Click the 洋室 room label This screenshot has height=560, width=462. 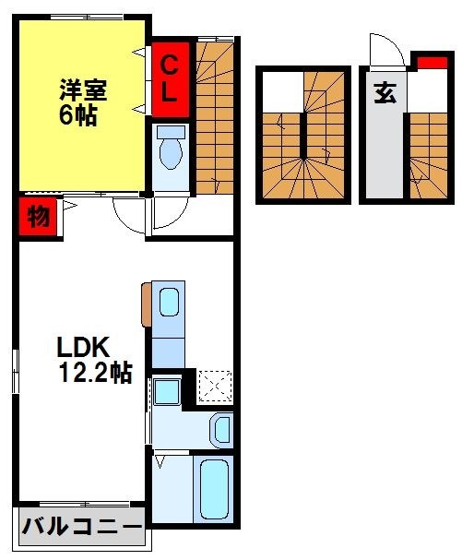84,90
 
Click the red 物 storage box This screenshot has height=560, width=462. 38,219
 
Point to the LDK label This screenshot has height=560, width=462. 84,348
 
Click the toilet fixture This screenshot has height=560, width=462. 171,149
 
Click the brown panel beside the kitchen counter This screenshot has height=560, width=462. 147,304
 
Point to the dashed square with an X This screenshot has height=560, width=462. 215,386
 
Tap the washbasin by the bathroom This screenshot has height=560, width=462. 222,428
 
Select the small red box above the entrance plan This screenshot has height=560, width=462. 427,63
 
